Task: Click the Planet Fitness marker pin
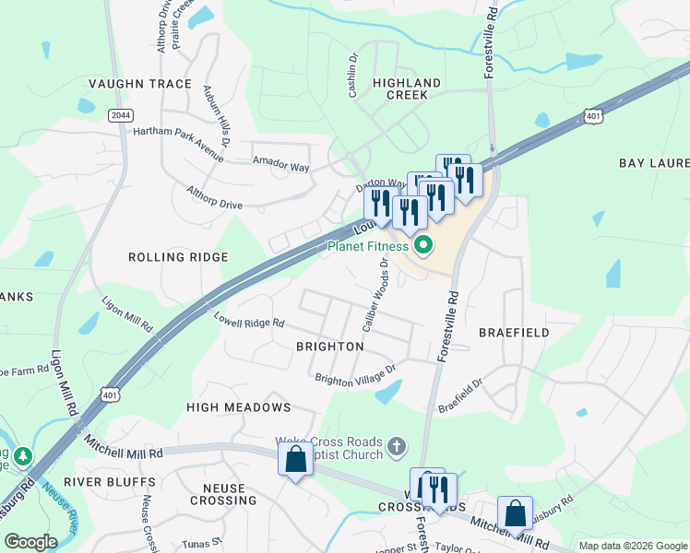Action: click(x=423, y=245)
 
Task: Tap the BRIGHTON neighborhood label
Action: click(x=329, y=347)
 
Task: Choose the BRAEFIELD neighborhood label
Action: click(x=514, y=332)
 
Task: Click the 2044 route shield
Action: click(x=119, y=114)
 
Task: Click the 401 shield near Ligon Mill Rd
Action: click(x=111, y=394)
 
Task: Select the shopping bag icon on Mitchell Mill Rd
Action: click(x=295, y=458)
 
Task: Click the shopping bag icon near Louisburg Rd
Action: click(x=515, y=512)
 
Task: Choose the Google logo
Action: click(x=30, y=542)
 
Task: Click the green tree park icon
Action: click(x=20, y=455)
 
